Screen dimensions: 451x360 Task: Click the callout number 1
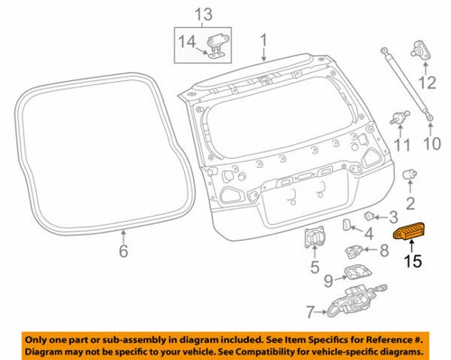coord(264,41)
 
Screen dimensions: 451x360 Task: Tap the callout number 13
coord(205,14)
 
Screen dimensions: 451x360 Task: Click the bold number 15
coord(412,263)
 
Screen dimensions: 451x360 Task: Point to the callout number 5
coord(313,266)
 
